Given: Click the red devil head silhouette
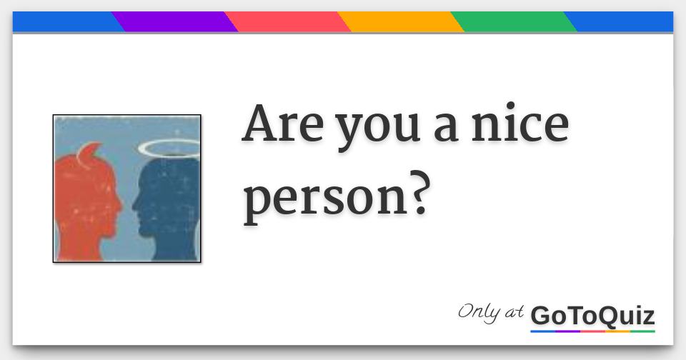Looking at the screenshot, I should click(x=82, y=207).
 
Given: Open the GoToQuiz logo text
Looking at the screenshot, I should click(x=592, y=316).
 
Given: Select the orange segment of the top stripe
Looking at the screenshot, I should click(x=400, y=22).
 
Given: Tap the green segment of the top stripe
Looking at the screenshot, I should click(x=513, y=22).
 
